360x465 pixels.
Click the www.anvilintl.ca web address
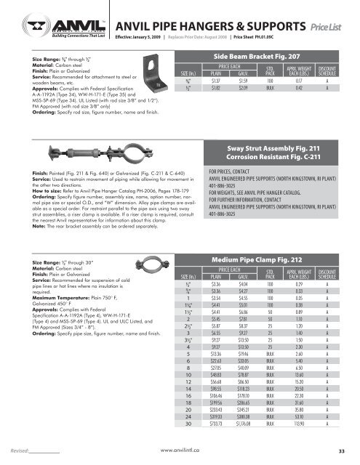(180, 451)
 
